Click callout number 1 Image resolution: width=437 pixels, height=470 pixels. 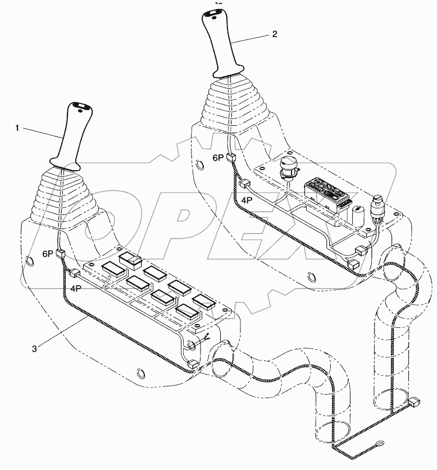pyautogui.click(x=17, y=128)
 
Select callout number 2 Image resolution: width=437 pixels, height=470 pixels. pyautogui.click(x=274, y=34)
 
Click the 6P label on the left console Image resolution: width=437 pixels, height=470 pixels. pyautogui.click(x=48, y=254)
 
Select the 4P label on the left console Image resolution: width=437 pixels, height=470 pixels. pyautogui.click(x=75, y=288)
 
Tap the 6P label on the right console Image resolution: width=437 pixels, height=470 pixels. pyautogui.click(x=218, y=158)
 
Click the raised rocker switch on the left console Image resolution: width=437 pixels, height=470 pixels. pyautogui.click(x=130, y=259)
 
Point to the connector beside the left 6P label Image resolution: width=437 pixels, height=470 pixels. pyautogui.click(x=61, y=254)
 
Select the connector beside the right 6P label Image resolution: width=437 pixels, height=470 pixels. pyautogui.click(x=230, y=158)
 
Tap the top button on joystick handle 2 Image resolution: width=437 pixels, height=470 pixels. pyautogui.click(x=215, y=11)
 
